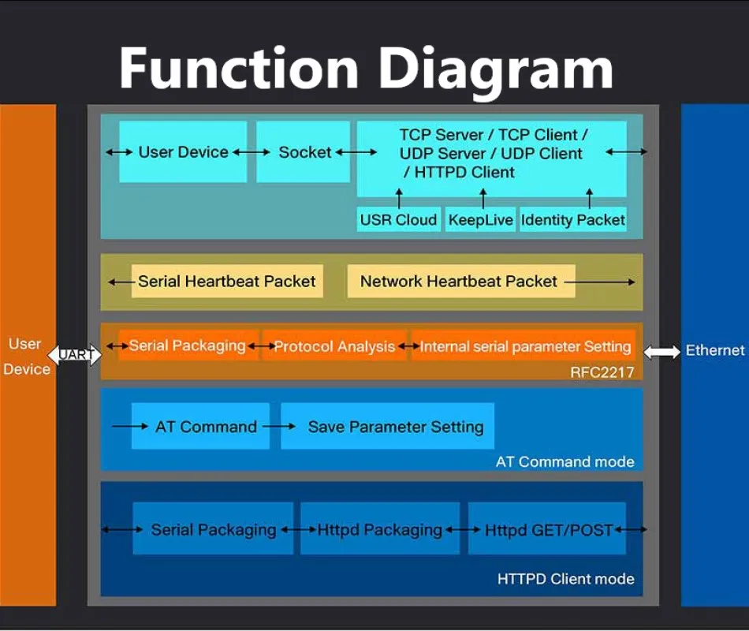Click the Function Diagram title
click(x=367, y=69)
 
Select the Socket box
click(x=304, y=152)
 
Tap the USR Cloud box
click(x=398, y=220)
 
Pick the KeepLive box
click(x=481, y=220)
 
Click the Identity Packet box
click(x=573, y=220)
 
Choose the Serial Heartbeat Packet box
click(x=227, y=282)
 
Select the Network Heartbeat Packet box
click(x=461, y=282)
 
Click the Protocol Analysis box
click(x=334, y=346)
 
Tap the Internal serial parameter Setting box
click(x=524, y=346)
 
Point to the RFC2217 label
click(x=602, y=372)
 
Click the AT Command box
click(x=200, y=427)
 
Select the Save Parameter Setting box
click(x=387, y=427)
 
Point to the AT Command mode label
click(x=565, y=461)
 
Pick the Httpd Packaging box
click(x=380, y=528)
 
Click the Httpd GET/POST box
click(x=547, y=528)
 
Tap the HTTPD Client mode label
click(x=566, y=579)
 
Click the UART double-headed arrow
click(x=75, y=355)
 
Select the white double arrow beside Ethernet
click(x=662, y=353)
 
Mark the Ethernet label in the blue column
click(x=715, y=350)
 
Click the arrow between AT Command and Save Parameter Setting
click(x=279, y=427)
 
